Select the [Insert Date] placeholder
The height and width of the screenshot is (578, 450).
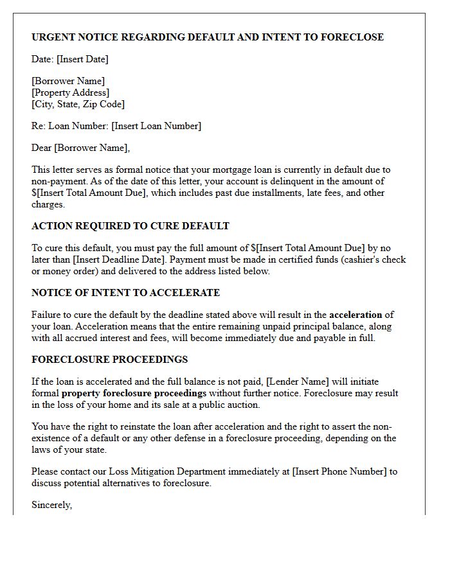tap(82, 59)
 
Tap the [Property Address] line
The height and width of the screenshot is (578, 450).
tap(71, 92)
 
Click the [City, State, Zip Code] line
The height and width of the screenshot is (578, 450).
tap(78, 104)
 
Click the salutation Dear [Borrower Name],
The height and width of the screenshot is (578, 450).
tap(80, 148)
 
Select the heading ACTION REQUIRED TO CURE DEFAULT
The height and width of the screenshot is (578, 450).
tap(130, 226)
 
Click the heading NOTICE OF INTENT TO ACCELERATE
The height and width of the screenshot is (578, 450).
tap(125, 293)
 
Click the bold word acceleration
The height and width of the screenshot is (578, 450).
tap(355, 315)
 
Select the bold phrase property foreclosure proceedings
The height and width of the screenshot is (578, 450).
tap(134, 393)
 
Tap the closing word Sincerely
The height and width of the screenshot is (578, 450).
tap(51, 505)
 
